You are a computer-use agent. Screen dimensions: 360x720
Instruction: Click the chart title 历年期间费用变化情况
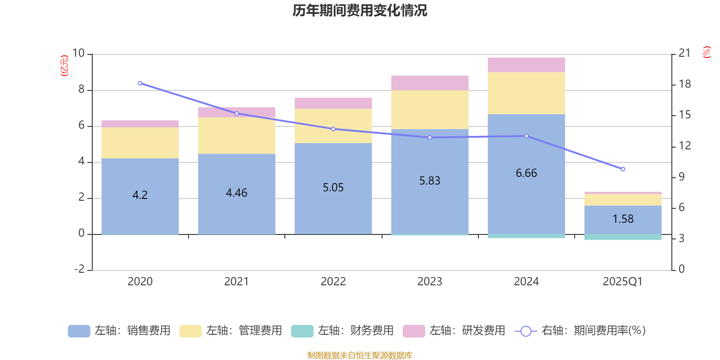pyautogui.click(x=360, y=10)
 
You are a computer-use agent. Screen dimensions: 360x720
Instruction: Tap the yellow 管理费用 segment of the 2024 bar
pyautogui.click(x=526, y=93)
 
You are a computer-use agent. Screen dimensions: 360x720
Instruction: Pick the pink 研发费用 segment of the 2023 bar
pyautogui.click(x=430, y=83)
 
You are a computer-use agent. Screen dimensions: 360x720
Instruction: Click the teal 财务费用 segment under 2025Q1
pyautogui.click(x=623, y=237)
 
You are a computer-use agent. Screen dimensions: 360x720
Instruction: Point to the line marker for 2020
pyautogui.click(x=140, y=83)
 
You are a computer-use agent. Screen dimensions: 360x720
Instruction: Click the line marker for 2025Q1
pyautogui.click(x=623, y=169)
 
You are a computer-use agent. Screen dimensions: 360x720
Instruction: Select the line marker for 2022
pyautogui.click(x=333, y=129)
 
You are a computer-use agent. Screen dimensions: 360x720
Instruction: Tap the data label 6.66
pyautogui.click(x=526, y=173)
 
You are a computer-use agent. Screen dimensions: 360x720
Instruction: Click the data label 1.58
pyautogui.click(x=623, y=219)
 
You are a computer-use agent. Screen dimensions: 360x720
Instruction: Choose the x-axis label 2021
pyautogui.click(x=236, y=282)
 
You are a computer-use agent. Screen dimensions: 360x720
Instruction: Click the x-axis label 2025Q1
pyautogui.click(x=622, y=282)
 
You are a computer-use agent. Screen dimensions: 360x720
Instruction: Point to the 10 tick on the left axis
pyautogui.click(x=78, y=54)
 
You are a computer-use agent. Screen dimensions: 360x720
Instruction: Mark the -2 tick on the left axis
pyautogui.click(x=79, y=269)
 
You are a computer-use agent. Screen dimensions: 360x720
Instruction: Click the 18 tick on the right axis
pyautogui.click(x=684, y=84)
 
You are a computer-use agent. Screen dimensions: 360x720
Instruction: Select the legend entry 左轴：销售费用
pyautogui.click(x=119, y=331)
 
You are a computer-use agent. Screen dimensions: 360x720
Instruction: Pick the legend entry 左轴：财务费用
pyautogui.click(x=342, y=331)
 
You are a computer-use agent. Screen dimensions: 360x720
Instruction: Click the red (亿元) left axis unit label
pyautogui.click(x=64, y=66)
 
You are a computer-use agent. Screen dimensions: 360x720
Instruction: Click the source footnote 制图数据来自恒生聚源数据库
pyautogui.click(x=360, y=355)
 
